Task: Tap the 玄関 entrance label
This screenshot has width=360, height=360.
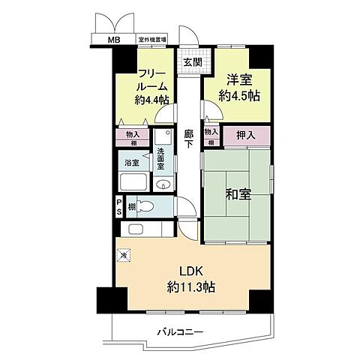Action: pyautogui.click(x=190, y=62)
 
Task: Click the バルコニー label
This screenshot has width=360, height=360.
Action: pyautogui.click(x=180, y=329)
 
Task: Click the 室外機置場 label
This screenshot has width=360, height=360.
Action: pyautogui.click(x=151, y=40)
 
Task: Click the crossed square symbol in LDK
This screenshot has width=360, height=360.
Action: pyautogui.click(x=123, y=256)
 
